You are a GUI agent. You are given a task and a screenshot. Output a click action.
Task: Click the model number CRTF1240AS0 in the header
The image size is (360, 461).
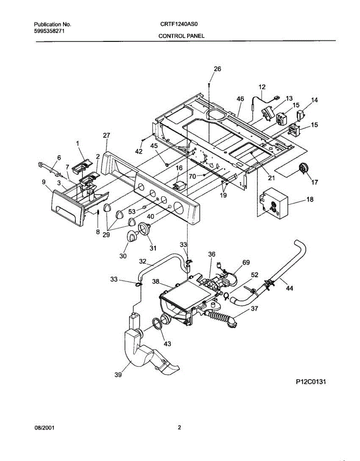[x=179, y=24]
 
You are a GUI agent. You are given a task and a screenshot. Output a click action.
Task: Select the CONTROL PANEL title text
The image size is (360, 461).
[x=181, y=36]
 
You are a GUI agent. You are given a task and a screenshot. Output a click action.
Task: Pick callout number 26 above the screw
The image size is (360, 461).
[x=217, y=69]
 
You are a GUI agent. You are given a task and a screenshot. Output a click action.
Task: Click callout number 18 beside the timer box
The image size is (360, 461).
[x=310, y=199]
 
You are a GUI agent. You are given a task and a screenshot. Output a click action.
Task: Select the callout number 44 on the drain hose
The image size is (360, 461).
[x=289, y=288]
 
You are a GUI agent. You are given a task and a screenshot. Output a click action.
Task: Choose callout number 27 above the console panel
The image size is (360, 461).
[x=106, y=135]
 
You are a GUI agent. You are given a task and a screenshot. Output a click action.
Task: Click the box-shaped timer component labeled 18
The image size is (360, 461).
[x=274, y=202]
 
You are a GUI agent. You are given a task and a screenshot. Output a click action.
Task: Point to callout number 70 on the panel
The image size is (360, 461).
[x=192, y=176]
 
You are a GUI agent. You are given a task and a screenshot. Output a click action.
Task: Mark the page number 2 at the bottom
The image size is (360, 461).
[x=179, y=427]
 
